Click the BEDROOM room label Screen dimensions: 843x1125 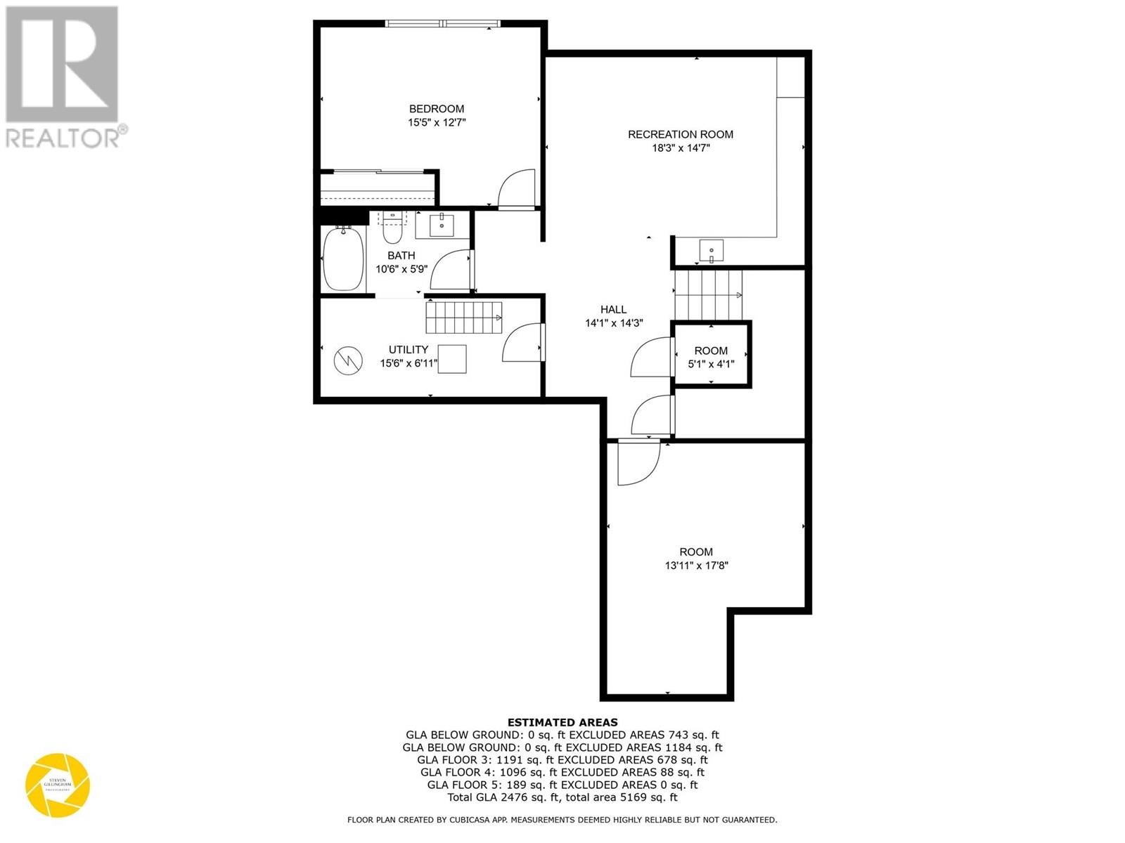437,109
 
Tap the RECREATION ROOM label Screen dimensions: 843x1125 680,134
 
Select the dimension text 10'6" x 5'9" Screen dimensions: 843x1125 401,269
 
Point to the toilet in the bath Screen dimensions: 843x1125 392,228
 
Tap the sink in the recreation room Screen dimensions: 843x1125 711,250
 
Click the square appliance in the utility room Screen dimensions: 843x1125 452,359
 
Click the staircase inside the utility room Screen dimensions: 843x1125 463,318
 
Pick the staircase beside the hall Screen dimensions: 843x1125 707,294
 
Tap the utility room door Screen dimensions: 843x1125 522,343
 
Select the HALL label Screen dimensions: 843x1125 613,309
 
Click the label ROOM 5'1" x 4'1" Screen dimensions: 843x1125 711,357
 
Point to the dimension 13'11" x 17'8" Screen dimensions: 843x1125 696,566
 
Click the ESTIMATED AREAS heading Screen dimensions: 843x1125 562,722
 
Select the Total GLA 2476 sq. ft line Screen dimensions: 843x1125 562,797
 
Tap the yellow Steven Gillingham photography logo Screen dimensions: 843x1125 58,785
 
